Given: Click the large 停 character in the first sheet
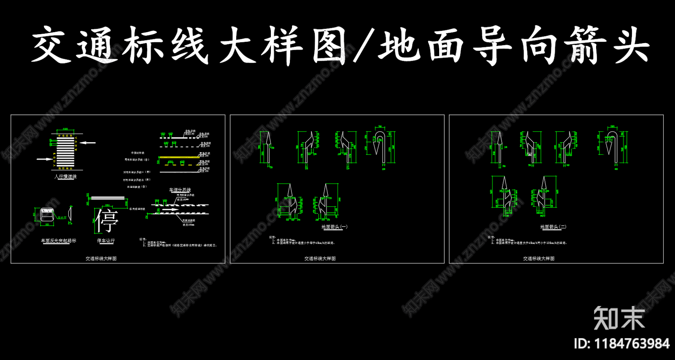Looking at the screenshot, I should [x=106, y=220].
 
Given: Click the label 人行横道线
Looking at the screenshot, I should [x=65, y=176].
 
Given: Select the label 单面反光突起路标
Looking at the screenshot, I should [x=58, y=241].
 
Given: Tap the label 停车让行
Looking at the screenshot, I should [x=106, y=241].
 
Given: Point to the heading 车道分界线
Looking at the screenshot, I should [x=180, y=190].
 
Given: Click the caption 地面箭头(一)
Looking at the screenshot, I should [x=334, y=227].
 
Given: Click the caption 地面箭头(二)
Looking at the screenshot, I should [x=553, y=227].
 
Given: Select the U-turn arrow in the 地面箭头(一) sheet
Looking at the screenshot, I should [x=379, y=146].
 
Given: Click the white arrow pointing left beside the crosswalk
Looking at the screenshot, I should [x=88, y=143].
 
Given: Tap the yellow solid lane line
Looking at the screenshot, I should [x=179, y=157].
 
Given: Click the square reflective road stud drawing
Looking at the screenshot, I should [x=47, y=214].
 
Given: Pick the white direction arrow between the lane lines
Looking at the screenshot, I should [x=170, y=209].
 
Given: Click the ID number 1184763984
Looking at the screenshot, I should [x=621, y=344].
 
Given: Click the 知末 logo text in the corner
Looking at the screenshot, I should [x=619, y=318].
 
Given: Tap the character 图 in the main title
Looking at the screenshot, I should [x=329, y=46].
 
